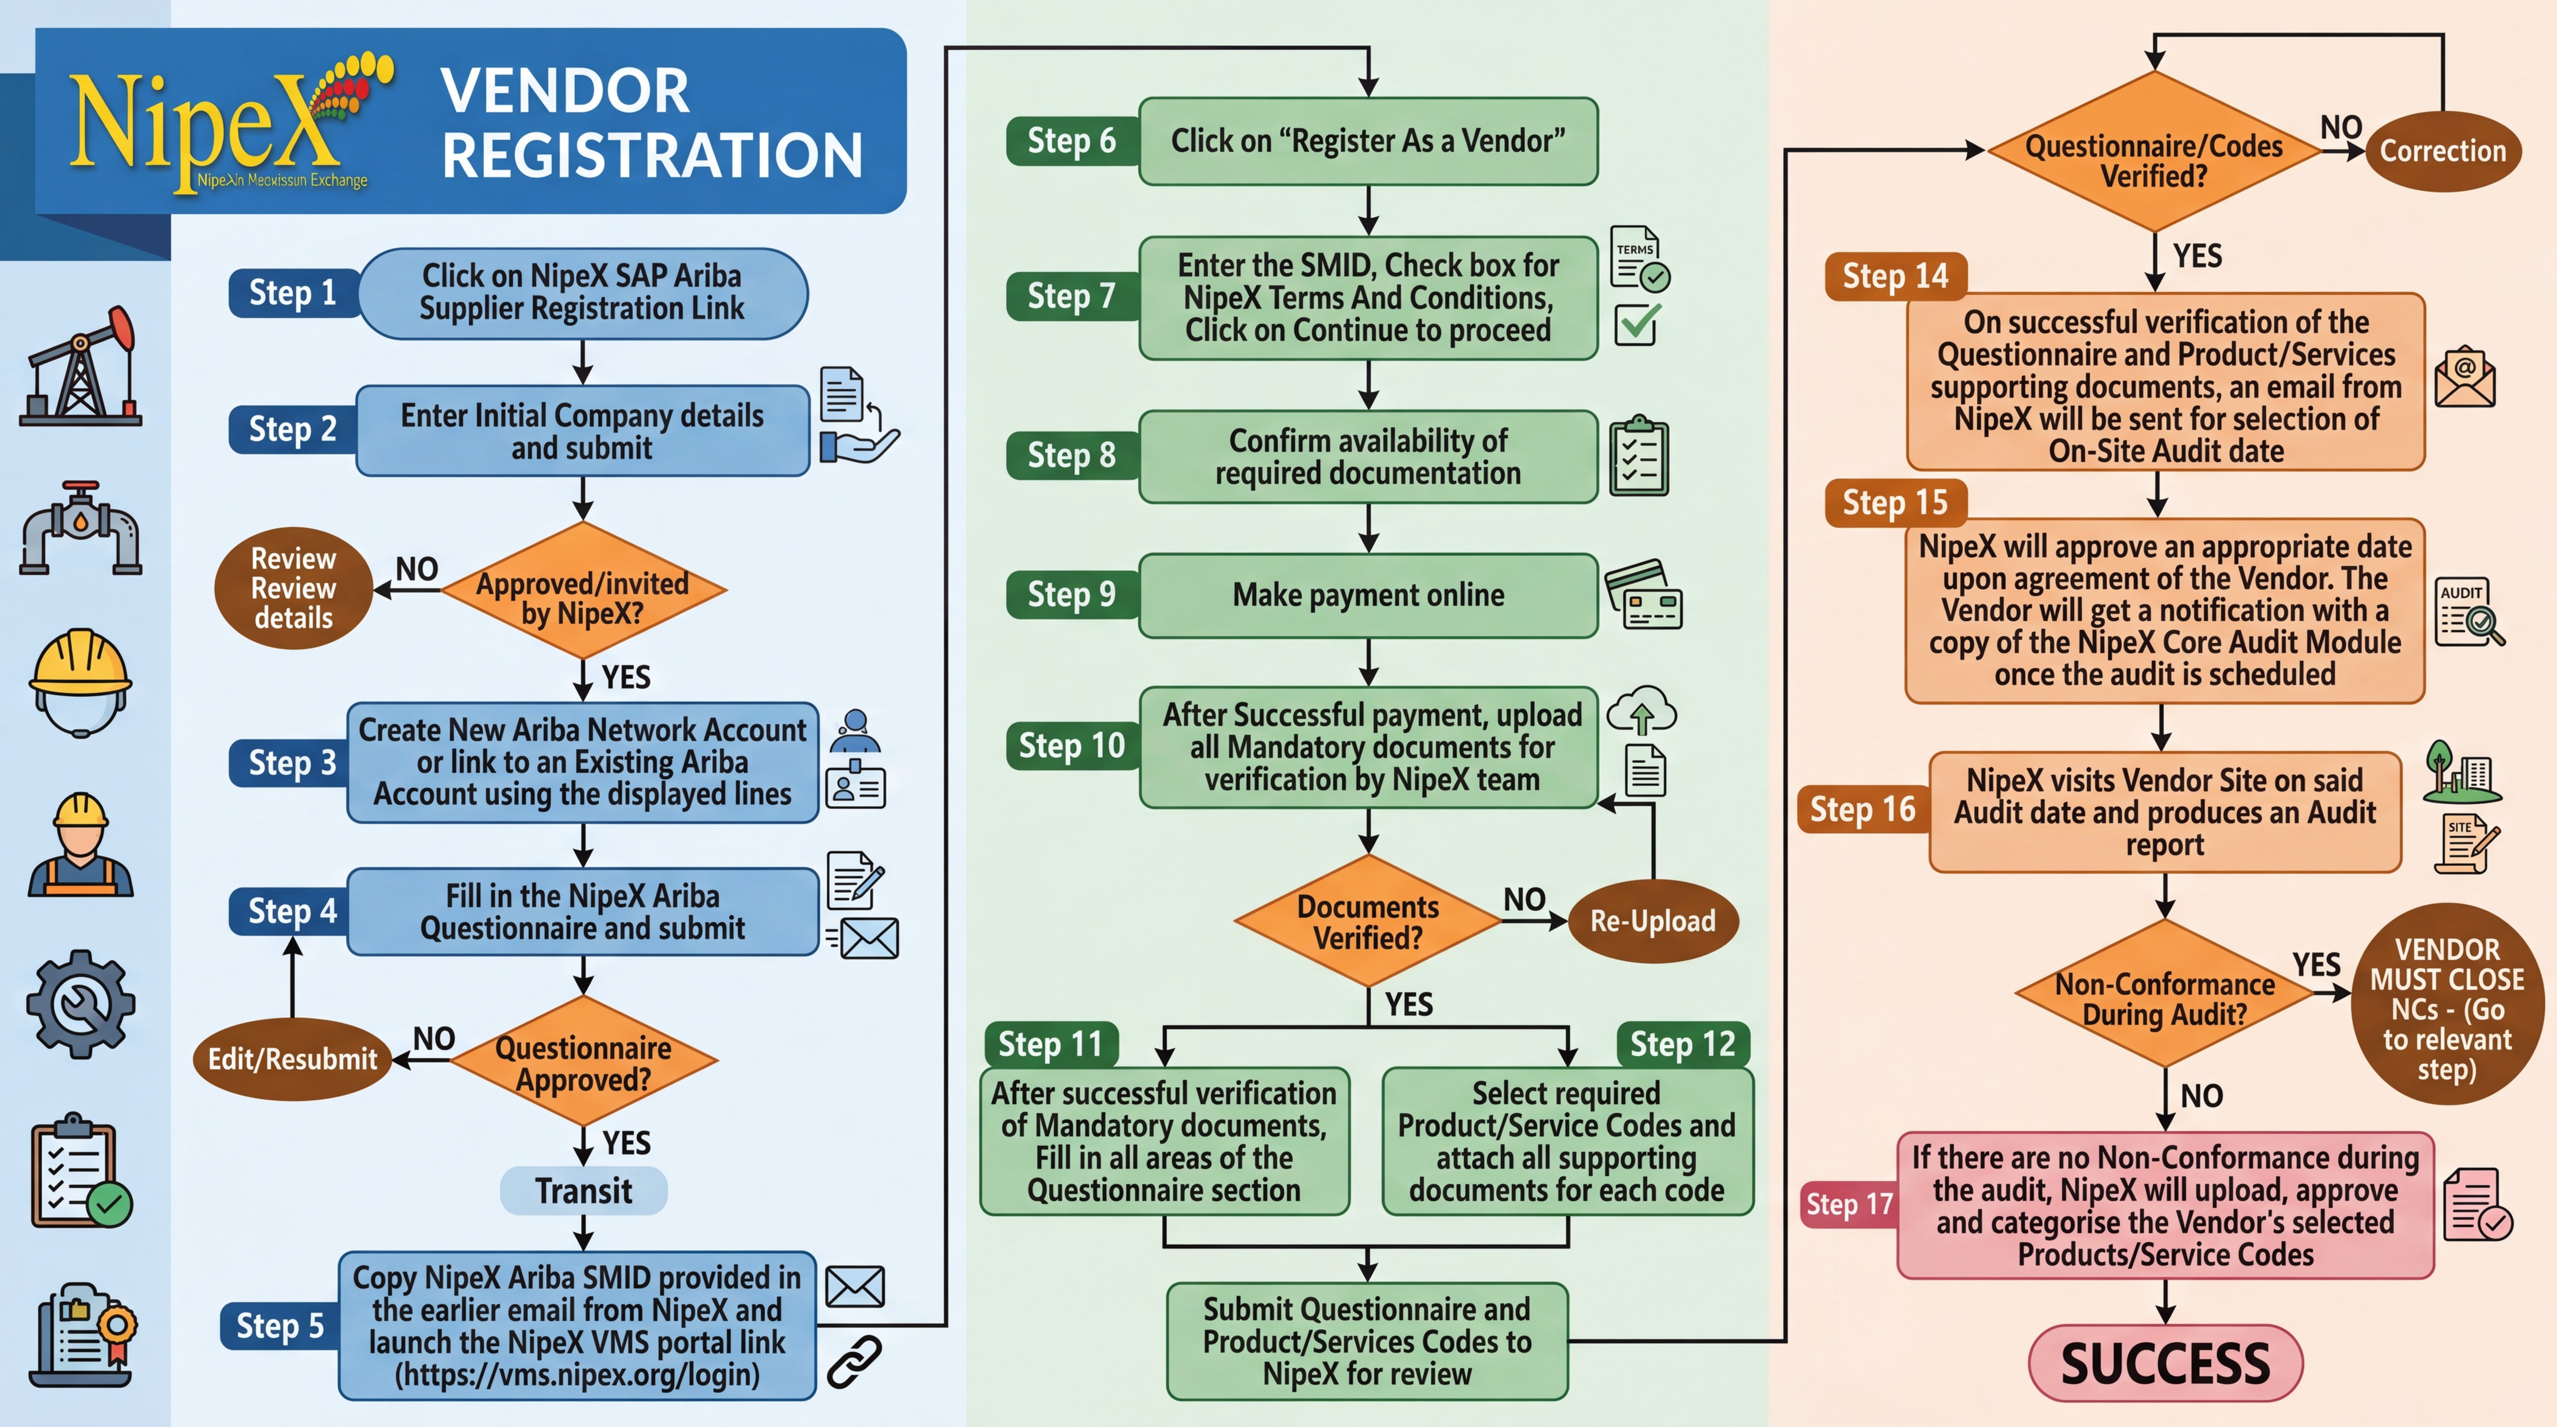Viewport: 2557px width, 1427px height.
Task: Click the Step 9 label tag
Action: pos(1071,595)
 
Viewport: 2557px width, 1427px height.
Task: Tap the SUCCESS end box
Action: pos(2165,1362)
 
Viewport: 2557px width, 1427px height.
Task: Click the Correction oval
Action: pos(2443,151)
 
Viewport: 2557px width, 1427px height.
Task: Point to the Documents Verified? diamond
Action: pos(1368,921)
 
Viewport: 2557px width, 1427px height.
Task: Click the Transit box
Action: pos(584,1190)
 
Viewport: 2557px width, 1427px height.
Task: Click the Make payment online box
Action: pos(1368,595)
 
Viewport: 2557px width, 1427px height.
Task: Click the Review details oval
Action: pos(293,589)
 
